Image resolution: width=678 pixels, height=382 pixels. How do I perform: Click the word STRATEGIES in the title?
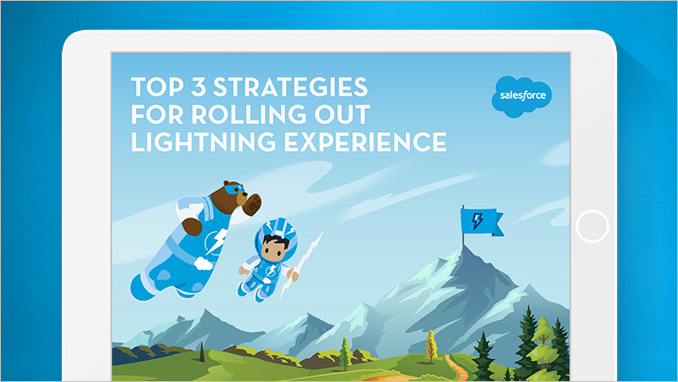pos(290,87)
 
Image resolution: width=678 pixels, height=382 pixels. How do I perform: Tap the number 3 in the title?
pos(199,87)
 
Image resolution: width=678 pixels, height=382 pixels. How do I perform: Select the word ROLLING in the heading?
pos(249,114)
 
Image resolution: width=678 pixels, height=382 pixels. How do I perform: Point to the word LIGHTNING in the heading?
pos(203,142)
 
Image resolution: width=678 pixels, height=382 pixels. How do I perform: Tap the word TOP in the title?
pos(157,87)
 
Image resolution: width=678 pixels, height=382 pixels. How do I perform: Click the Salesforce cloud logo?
pos(522,96)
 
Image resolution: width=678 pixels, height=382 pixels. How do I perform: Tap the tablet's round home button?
pos(592,226)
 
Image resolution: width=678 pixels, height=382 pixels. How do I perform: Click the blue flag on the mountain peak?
pos(481,222)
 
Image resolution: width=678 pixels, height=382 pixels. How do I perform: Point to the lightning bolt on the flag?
pos(478,221)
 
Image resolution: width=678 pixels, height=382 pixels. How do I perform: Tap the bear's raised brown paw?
pos(192,226)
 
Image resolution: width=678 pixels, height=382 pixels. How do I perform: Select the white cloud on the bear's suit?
pos(203,263)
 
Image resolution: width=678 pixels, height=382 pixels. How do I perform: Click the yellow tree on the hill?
pos(431,346)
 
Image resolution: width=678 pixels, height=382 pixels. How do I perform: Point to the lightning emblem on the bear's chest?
pos(215,241)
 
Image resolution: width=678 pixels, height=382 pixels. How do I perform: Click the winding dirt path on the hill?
pos(458,369)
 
